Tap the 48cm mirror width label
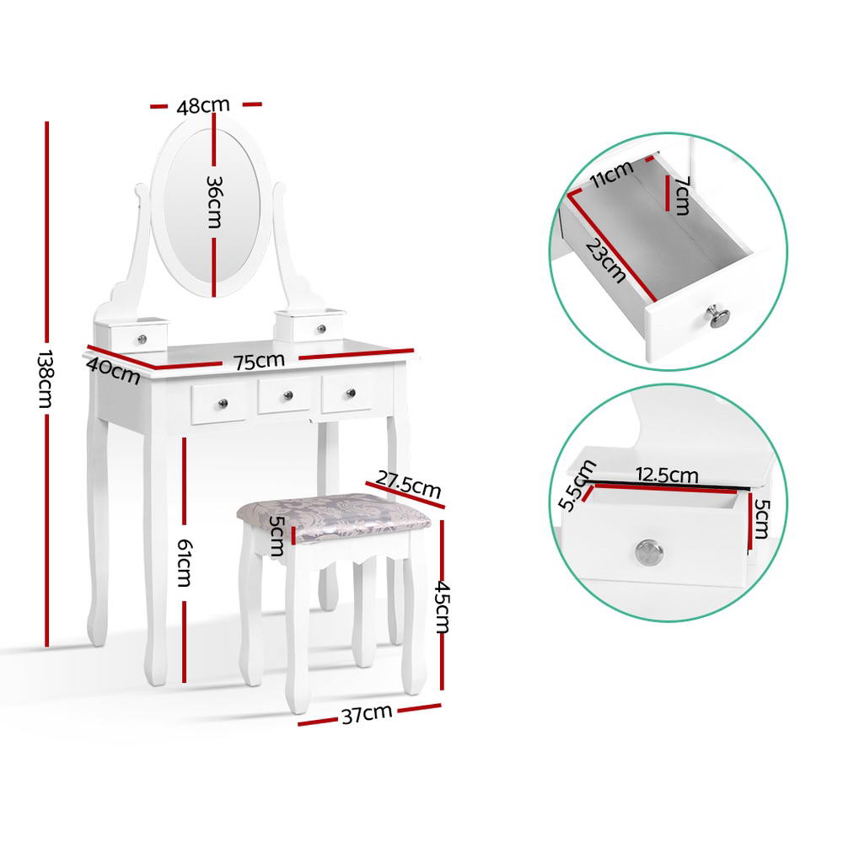pyautogui.click(x=203, y=105)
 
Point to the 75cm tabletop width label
pyautogui.click(x=259, y=362)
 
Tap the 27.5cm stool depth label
pyautogui.click(x=409, y=486)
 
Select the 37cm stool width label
pyautogui.click(x=366, y=715)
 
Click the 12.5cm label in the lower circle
pyautogui.click(x=666, y=475)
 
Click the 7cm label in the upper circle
pyautogui.click(x=680, y=196)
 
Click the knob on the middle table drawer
pyautogui.click(x=285, y=395)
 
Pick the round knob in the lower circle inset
pyautogui.click(x=647, y=551)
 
